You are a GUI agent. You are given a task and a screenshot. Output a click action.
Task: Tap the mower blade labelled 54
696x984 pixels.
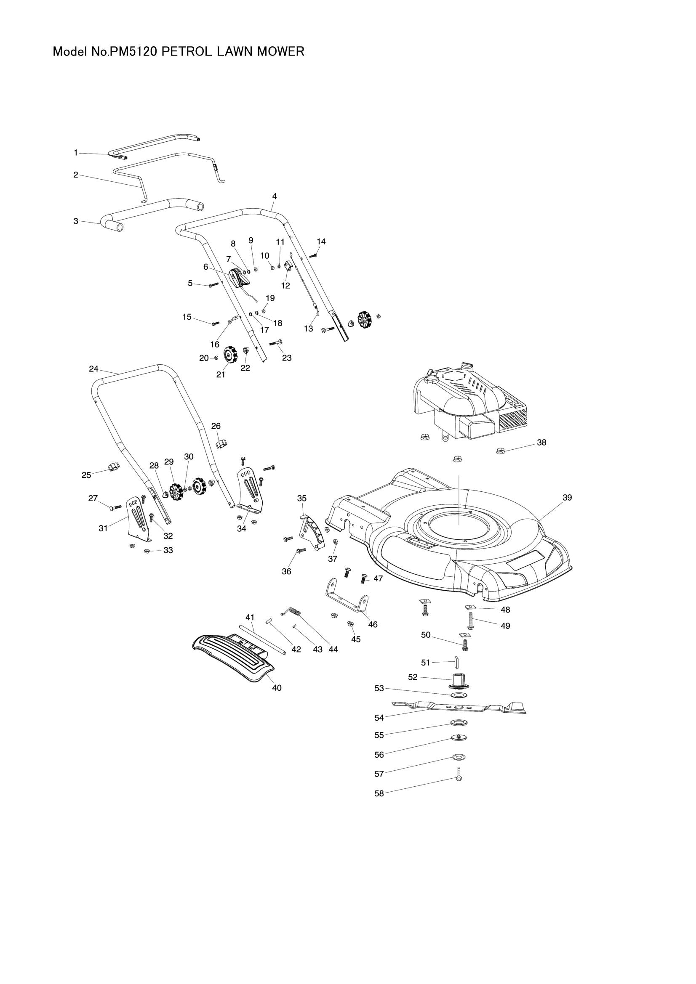click(459, 707)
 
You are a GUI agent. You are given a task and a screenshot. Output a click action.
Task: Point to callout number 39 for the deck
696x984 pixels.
click(567, 498)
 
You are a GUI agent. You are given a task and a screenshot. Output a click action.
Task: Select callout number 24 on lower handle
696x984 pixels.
click(93, 369)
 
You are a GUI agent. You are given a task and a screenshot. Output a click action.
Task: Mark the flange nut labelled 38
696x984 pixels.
click(501, 451)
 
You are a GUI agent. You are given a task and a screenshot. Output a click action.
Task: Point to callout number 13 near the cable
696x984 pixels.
click(308, 329)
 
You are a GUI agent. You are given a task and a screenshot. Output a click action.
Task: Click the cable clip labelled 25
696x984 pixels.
click(113, 466)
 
